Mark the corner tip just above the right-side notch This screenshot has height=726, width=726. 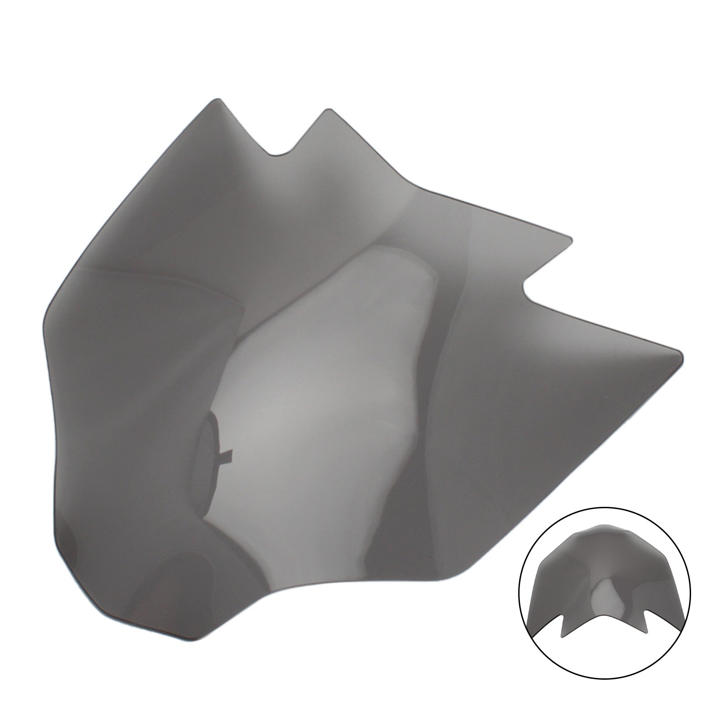click(x=569, y=237)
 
